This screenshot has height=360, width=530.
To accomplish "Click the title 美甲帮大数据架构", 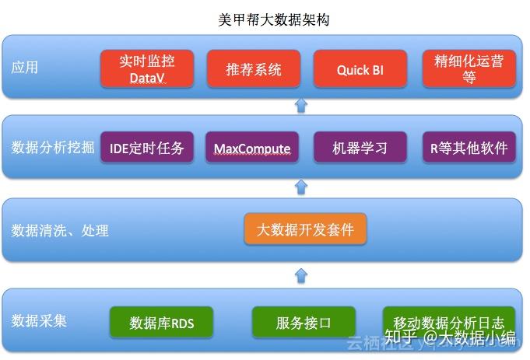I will click(273, 19).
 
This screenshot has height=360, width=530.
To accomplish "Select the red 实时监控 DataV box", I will click(147, 69).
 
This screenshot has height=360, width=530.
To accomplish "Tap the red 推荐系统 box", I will click(254, 69).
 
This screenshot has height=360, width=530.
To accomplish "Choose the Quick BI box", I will click(360, 69).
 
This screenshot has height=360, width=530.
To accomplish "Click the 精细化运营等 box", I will click(469, 69).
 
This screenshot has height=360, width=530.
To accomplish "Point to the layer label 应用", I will click(24, 68).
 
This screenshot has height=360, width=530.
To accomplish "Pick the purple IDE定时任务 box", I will click(147, 148).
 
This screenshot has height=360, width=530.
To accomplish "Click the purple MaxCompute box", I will click(252, 148).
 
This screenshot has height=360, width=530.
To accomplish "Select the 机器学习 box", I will click(360, 148).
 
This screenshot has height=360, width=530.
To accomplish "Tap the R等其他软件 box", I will click(469, 148).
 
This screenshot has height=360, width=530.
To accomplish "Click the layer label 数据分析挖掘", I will click(53, 148).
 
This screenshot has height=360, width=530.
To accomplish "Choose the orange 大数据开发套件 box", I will click(305, 229).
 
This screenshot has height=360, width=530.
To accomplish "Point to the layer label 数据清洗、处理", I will click(60, 230).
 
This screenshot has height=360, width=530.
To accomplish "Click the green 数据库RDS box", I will click(162, 322).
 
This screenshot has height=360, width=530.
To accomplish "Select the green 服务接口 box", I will click(304, 322).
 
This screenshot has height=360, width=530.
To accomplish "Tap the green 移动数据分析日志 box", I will click(448, 322).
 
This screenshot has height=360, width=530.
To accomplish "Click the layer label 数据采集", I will click(39, 320).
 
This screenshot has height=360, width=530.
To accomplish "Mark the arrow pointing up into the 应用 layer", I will click(302, 106).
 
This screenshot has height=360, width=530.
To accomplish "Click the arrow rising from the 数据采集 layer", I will click(302, 274).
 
